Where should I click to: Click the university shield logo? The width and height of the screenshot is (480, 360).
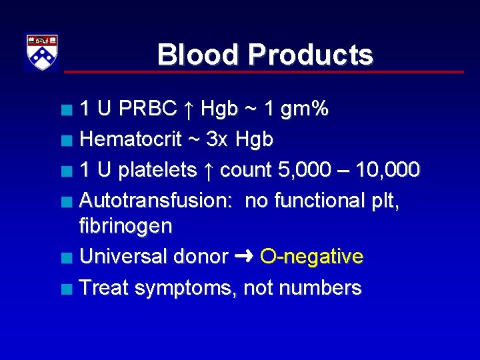42,51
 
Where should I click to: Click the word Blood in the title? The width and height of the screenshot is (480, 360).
197,55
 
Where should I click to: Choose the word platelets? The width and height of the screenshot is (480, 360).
158,170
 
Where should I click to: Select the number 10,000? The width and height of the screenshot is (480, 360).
388,171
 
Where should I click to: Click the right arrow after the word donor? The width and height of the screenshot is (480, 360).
243,257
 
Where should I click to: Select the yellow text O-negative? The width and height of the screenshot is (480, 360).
311,257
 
